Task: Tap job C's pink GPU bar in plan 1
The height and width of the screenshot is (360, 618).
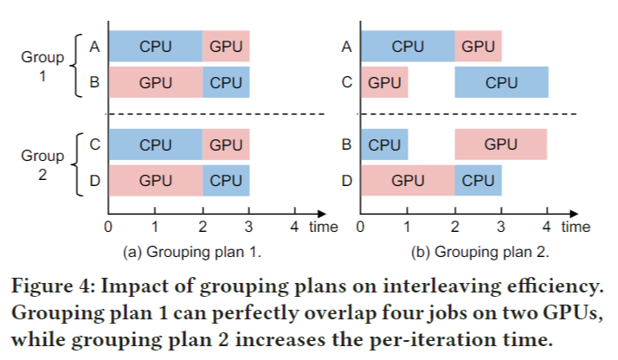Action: pyautogui.click(x=227, y=144)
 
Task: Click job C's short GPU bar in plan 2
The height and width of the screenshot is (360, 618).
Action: pyautogui.click(x=384, y=83)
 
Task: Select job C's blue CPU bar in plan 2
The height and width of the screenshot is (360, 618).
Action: pyautogui.click(x=501, y=83)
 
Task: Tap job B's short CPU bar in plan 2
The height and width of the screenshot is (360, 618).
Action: pyautogui.click(x=384, y=144)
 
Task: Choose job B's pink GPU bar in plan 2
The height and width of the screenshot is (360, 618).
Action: pyautogui.click(x=501, y=144)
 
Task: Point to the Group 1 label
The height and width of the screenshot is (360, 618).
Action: pyautogui.click(x=42, y=66)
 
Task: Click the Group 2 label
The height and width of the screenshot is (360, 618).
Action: pyautogui.click(x=42, y=165)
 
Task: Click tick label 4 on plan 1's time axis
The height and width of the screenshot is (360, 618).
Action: pyautogui.click(x=295, y=228)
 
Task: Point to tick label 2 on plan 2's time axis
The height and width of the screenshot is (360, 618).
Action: pyautogui.click(x=454, y=228)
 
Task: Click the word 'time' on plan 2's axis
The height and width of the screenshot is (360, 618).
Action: pyautogui.click(x=575, y=228)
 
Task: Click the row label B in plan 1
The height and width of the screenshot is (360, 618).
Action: pyautogui.click(x=93, y=83)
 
